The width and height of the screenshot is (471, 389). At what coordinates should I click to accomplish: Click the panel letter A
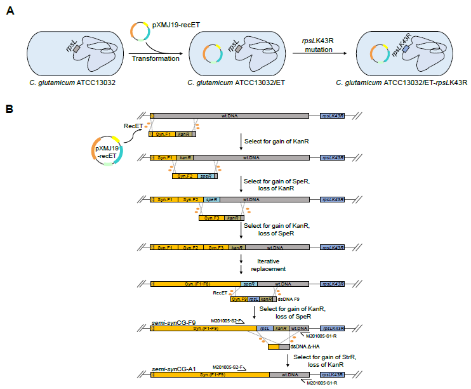10,11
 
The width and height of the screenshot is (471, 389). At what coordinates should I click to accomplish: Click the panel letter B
10,109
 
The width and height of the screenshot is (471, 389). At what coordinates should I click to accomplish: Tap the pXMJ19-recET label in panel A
176,25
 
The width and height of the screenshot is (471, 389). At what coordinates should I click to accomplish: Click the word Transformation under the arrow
156,58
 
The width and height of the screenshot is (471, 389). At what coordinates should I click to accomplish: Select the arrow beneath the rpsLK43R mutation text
320,53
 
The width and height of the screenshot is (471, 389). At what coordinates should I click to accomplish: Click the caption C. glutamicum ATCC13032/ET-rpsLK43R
401,82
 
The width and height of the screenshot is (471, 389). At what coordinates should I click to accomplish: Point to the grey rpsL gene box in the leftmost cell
77,49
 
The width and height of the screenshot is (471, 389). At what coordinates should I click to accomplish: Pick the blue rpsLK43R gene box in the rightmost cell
406,49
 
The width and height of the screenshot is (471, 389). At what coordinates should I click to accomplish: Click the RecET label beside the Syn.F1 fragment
133,126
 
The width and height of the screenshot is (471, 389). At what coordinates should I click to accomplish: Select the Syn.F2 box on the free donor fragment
185,176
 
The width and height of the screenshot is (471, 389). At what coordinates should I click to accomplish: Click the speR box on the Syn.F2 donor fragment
206,176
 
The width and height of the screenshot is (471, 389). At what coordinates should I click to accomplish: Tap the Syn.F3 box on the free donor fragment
212,218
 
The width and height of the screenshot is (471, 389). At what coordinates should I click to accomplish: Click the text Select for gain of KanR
276,141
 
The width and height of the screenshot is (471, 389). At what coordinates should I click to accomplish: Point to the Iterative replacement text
269,265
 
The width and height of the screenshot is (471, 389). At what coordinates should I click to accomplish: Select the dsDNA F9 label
288,299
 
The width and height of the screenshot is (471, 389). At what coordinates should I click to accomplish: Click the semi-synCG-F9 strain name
174,323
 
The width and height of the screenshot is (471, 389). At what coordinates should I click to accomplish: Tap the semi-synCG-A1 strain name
174,369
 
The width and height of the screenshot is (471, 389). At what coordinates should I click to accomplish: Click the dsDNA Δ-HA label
305,346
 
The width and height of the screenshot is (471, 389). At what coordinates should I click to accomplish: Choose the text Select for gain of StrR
325,357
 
